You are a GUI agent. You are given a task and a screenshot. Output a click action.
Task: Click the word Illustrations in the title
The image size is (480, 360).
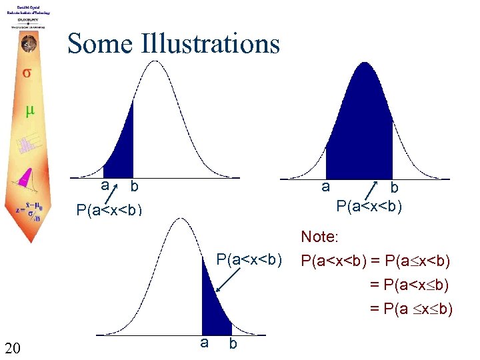[211, 44]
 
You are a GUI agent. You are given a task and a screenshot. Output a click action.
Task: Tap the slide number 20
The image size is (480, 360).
[13, 347]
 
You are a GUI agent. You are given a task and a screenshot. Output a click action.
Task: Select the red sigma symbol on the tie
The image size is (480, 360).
[26, 72]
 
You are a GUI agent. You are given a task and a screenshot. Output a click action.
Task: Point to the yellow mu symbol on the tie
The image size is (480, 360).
[29, 111]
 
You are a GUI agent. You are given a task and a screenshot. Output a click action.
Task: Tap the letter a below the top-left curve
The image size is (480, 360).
[105, 185]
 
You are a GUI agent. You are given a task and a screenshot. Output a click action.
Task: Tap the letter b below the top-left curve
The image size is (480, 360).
[134, 186]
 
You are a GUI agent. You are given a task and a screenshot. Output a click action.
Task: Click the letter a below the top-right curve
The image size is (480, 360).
[325, 187]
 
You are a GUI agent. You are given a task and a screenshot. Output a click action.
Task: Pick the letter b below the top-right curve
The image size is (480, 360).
[394, 189]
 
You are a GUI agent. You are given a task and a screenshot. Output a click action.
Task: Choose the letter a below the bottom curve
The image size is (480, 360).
[204, 343]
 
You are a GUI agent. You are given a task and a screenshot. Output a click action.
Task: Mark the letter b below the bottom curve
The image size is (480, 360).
[232, 344]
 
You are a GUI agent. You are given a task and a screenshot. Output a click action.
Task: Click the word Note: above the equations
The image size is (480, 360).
[321, 237]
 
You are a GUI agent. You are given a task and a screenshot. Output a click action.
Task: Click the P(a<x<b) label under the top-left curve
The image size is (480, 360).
[109, 211]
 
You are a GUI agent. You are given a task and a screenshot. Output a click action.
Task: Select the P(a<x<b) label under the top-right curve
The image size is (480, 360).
[369, 205]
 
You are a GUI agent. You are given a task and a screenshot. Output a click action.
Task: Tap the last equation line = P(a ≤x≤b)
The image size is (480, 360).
[411, 309]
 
